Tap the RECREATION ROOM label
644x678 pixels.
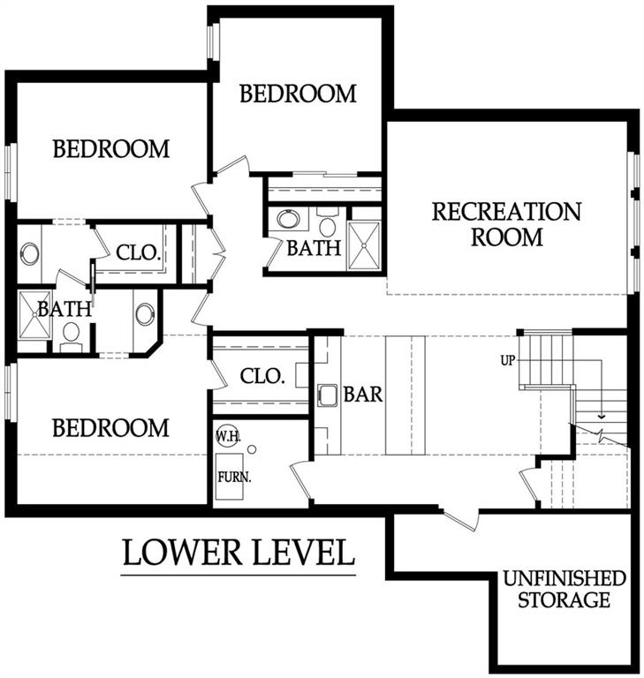click(x=505, y=224)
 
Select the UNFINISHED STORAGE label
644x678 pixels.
click(x=564, y=590)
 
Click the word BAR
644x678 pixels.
click(x=363, y=395)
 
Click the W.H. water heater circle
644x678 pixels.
click(x=226, y=435)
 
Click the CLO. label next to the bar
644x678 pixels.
click(x=262, y=377)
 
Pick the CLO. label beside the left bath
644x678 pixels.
click(x=139, y=252)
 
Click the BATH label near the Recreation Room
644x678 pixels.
click(x=313, y=248)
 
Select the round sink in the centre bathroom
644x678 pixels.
click(x=288, y=218)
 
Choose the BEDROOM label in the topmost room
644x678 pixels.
click(x=298, y=94)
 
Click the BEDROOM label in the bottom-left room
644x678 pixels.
click(x=110, y=428)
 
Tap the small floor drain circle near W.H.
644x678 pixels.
click(x=252, y=449)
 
